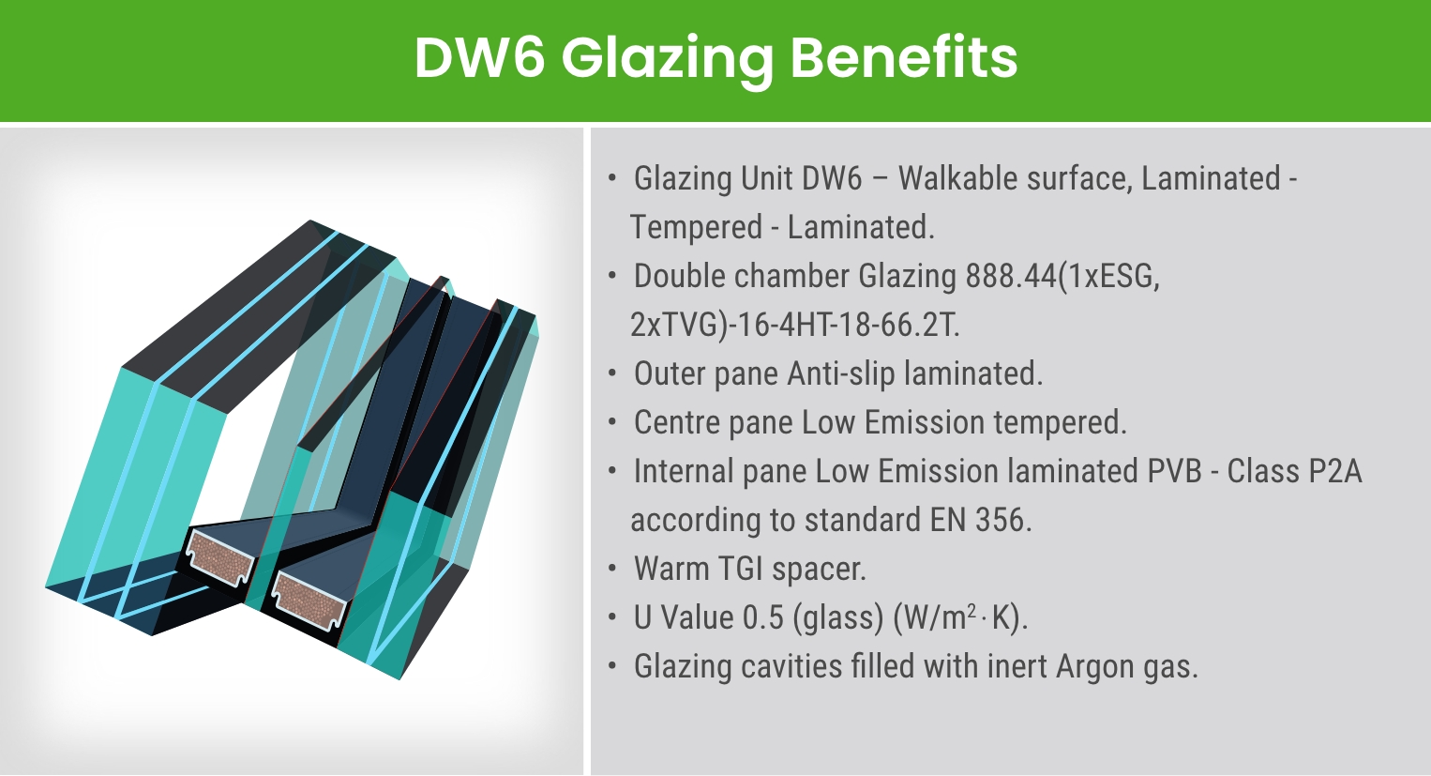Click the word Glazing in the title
click(x=667, y=58)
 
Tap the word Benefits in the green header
click(x=904, y=58)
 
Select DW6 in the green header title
click(x=479, y=58)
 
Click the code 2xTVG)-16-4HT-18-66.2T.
click(x=795, y=325)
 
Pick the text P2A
click(x=1334, y=471)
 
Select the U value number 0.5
click(x=762, y=617)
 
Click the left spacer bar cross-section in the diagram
click(x=221, y=560)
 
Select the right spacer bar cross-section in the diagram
click(x=308, y=601)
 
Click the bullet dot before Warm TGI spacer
click(x=612, y=569)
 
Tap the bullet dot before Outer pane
click(x=612, y=373)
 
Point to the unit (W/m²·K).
click(x=960, y=617)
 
